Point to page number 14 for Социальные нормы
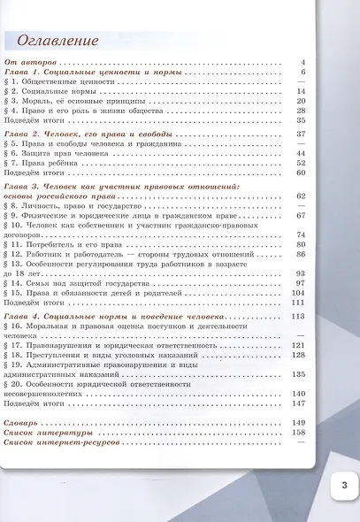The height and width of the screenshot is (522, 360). [301, 91]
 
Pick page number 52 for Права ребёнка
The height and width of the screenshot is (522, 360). [301, 163]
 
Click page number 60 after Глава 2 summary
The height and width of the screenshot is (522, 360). [301, 173]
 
